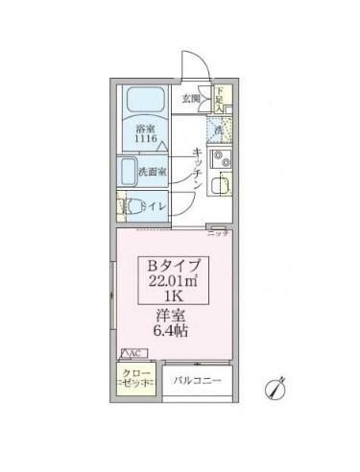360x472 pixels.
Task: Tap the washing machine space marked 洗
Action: [218, 130]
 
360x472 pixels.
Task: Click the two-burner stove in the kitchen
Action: [218, 159]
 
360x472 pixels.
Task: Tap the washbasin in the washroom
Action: [129, 173]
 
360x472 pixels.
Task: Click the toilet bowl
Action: [124, 204]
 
